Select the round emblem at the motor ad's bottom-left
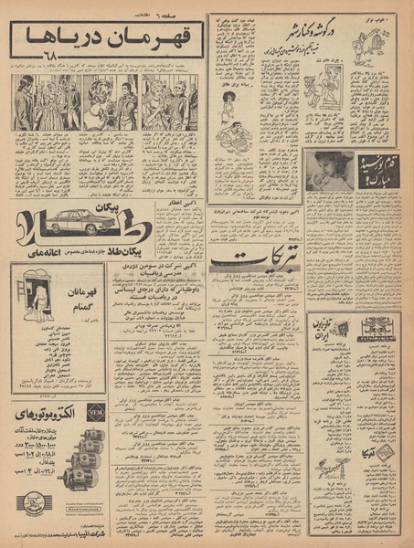[32, 504]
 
